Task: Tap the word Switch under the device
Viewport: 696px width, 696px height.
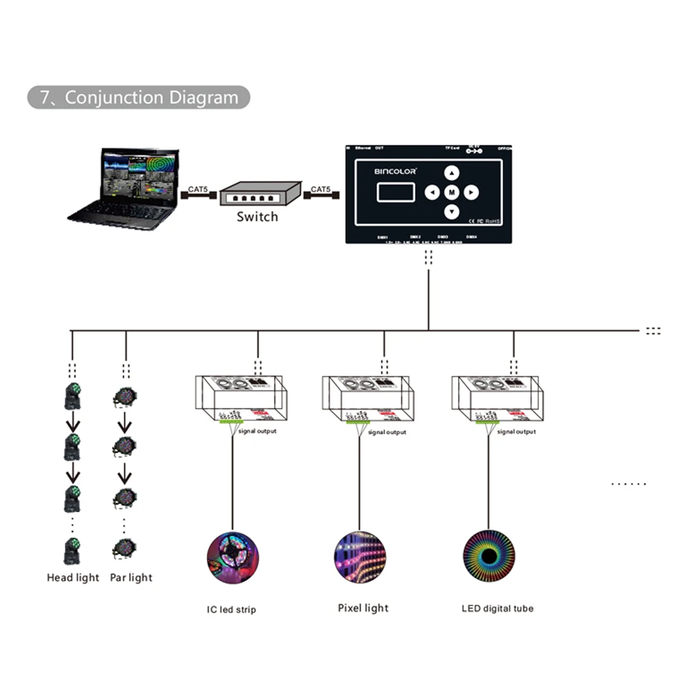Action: click(257, 216)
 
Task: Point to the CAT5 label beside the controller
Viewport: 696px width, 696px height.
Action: click(321, 189)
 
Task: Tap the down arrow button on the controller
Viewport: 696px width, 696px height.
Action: click(452, 212)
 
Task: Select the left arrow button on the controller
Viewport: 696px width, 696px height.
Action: click(432, 192)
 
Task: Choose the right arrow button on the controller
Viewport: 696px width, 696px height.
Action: click(471, 192)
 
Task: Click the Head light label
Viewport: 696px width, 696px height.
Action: click(73, 578)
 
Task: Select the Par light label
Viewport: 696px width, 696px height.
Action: click(131, 578)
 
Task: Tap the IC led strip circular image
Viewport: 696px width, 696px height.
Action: click(232, 557)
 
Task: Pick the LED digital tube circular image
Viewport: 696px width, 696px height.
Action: click(488, 556)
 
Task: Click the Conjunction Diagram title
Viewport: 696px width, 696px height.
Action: click(139, 97)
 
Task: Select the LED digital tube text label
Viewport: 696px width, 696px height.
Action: click(498, 608)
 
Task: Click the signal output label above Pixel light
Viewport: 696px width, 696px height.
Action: click(387, 432)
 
